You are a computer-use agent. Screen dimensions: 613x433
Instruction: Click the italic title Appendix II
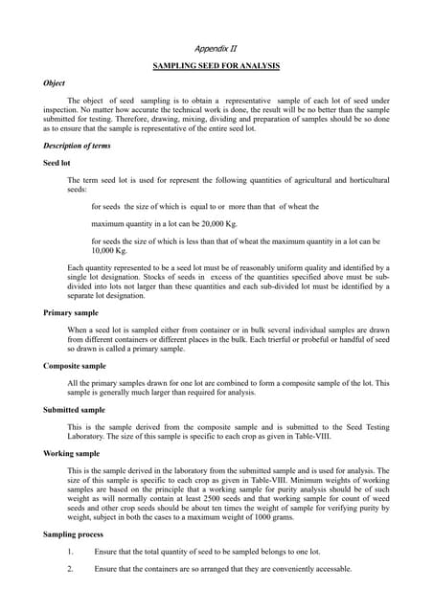[216, 47]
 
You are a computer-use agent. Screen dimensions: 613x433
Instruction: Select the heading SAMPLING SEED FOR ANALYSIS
[216, 65]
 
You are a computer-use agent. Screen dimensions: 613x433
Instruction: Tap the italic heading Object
[56, 83]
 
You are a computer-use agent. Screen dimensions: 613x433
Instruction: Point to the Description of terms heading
[77, 146]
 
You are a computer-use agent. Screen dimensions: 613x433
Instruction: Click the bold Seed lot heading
[58, 162]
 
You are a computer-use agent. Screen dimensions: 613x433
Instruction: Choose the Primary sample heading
[72, 313]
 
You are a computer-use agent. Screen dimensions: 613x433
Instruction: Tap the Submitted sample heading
[75, 409]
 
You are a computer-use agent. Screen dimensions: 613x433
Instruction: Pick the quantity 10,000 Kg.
[110, 249]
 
